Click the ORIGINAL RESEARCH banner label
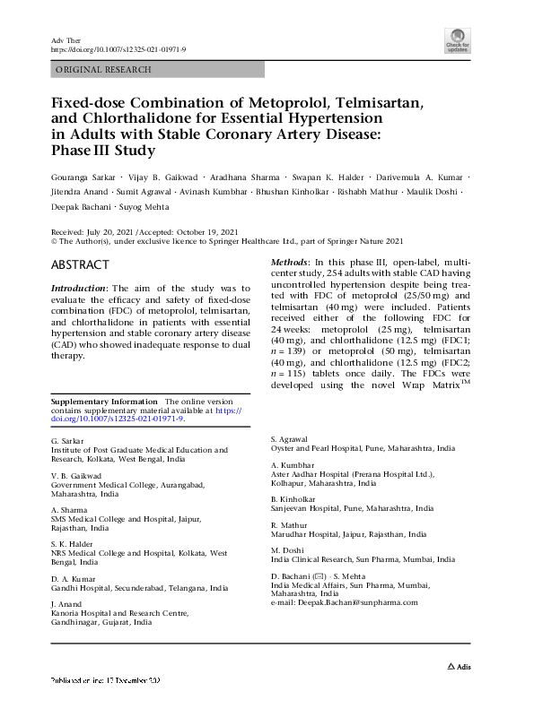103,69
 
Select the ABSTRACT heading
81,265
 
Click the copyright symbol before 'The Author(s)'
56,241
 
